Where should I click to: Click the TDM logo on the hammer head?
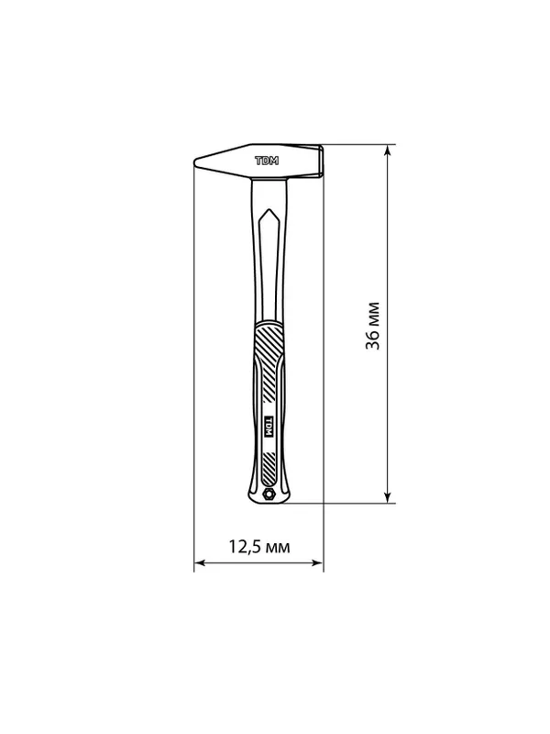(267, 161)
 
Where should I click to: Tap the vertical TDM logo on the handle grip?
(269, 427)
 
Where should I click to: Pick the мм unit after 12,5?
(278, 548)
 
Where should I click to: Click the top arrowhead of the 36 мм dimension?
(387, 150)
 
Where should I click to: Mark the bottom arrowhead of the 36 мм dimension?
(387, 497)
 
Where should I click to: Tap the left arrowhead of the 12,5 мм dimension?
(200, 562)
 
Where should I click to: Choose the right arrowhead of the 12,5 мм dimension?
(317, 562)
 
